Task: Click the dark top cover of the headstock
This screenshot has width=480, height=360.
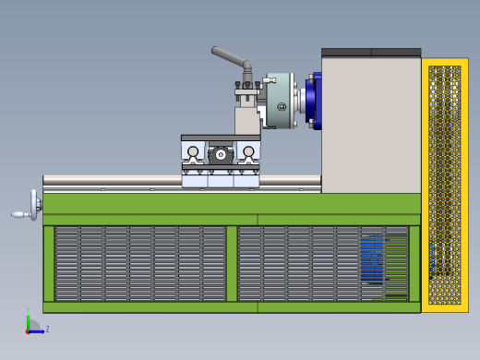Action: click(370, 53)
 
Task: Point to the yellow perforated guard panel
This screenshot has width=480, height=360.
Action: click(444, 185)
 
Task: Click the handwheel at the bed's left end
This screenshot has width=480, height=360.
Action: click(35, 205)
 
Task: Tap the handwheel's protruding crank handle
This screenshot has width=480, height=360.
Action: click(19, 215)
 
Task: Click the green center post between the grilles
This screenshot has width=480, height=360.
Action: click(232, 263)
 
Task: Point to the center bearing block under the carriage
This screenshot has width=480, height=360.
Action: click(221, 155)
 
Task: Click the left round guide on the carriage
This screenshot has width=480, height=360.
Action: click(193, 152)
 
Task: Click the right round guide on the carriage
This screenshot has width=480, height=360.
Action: click(248, 152)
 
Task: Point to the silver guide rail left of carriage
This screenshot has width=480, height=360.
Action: click(111, 182)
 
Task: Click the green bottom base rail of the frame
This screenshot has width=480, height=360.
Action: click(231, 307)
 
